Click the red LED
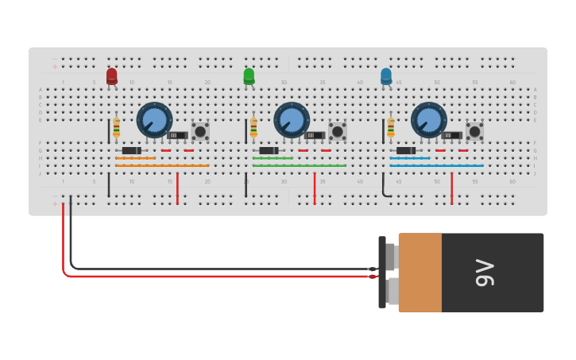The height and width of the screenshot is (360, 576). pos(111,75)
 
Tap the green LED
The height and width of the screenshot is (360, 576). pos(249,75)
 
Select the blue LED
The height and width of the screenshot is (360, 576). pos(386,75)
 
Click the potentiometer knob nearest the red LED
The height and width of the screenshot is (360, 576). pos(154,120)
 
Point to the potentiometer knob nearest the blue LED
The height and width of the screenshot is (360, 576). pos(428,120)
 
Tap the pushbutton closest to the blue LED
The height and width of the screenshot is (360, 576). pos(474,131)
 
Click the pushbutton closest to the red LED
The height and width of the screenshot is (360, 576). pos(200,131)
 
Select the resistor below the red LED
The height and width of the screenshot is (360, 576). pos(117,127)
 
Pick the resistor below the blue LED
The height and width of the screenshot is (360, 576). pos(390,127)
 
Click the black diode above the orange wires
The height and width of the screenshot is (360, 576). pos(132,150)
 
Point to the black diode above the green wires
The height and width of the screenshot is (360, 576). pos(269,150)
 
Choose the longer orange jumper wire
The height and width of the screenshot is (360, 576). pos(162,166)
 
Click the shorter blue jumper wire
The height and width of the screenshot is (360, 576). pos(410,158)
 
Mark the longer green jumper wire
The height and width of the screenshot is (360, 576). pos(300,166)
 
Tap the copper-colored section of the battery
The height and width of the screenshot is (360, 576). pos(419,273)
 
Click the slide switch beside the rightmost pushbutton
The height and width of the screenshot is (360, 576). pos(452,136)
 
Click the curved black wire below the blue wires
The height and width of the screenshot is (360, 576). pos(385,188)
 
